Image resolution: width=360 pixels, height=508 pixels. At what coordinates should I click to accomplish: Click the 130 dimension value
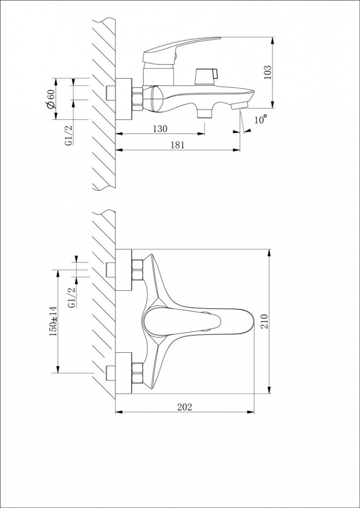click(x=160, y=129)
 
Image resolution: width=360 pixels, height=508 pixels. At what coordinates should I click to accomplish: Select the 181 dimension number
click(x=177, y=145)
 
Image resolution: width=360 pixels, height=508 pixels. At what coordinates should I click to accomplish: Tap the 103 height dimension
click(x=268, y=73)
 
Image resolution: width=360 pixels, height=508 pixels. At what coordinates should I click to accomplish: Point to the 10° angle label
click(x=260, y=119)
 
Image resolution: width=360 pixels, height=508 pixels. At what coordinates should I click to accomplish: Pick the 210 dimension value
click(x=265, y=321)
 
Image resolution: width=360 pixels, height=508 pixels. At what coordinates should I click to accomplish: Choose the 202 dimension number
click(x=184, y=407)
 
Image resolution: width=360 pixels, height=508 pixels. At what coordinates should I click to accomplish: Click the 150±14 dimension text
click(x=53, y=321)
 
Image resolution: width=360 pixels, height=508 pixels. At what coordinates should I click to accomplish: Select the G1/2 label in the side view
click(x=70, y=135)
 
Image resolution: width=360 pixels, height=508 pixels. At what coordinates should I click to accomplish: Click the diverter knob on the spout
click(x=206, y=76)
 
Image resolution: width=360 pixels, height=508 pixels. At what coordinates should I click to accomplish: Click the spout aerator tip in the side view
click(x=239, y=104)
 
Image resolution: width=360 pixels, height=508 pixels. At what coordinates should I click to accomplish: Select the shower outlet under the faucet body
click(x=204, y=113)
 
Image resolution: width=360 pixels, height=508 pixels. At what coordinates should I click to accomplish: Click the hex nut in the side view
click(x=137, y=99)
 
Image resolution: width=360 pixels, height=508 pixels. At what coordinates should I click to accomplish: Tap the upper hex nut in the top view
click(x=138, y=270)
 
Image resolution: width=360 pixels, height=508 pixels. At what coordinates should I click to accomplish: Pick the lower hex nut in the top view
click(x=138, y=373)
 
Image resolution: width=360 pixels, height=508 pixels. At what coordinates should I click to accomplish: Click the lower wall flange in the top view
click(x=124, y=373)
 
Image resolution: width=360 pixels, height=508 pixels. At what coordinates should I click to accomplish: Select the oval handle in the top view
click(x=182, y=322)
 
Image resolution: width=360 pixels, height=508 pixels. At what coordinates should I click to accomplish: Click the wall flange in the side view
click(x=124, y=99)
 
